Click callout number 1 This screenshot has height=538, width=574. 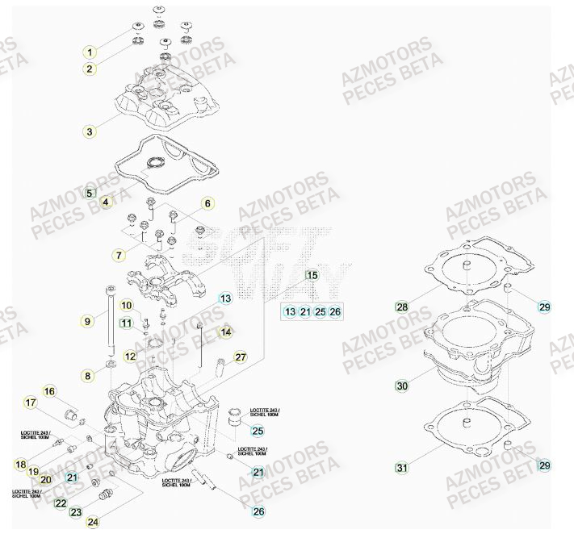[x=90, y=52]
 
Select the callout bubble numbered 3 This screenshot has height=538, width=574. [x=90, y=131]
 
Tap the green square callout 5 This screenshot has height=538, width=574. [x=90, y=194]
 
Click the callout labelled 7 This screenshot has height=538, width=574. [x=119, y=255]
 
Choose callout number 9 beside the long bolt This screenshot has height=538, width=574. [x=89, y=321]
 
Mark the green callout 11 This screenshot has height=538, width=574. [x=126, y=323]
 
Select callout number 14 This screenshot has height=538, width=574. [x=226, y=332]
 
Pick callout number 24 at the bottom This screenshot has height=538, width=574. [x=94, y=523]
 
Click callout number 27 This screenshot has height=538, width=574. [x=240, y=357]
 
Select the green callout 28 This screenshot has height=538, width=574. [x=401, y=307]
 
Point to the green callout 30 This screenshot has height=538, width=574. [x=402, y=386]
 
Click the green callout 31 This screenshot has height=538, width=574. [x=401, y=467]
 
